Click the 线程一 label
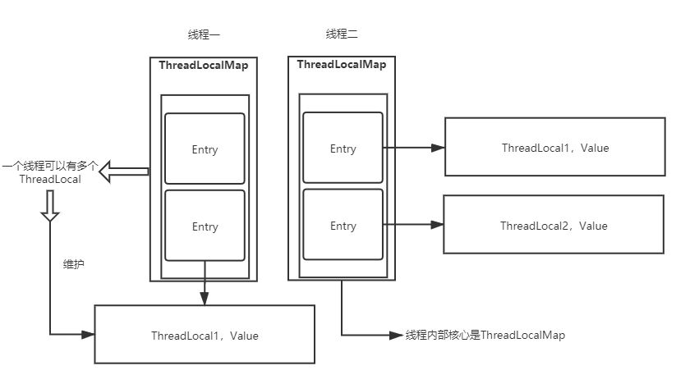pos(205,34)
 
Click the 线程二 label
pos(342,34)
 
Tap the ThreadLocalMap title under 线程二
pos(342,64)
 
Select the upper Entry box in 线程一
pos(205,149)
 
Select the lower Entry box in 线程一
pos(205,226)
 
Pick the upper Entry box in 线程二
pos(343,149)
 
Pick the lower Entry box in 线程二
pos(343,226)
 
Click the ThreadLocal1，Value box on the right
pos(555,148)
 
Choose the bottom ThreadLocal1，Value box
pos(205,335)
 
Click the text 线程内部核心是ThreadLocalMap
pos(485,335)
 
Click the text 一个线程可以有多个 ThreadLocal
pos(50,172)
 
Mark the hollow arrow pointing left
pos(123,171)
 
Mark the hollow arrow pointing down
pos(50,207)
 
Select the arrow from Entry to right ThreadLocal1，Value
pos(413,148)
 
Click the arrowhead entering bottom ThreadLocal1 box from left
pos(89,334)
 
